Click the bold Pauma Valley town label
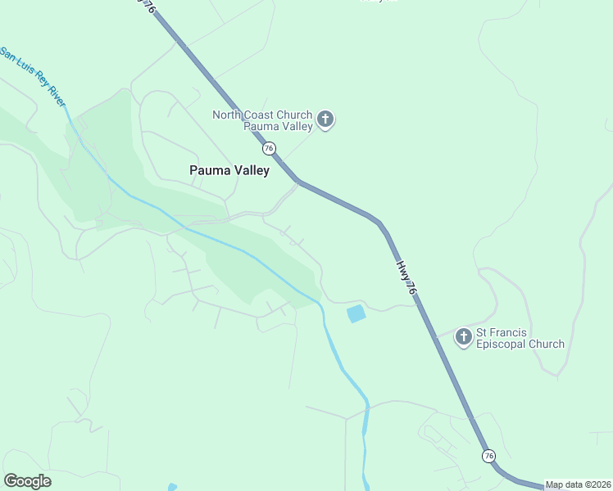pyautogui.click(x=229, y=171)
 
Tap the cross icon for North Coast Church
pyautogui.click(x=325, y=120)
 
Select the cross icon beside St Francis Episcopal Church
pyautogui.click(x=464, y=336)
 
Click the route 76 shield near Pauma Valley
pyautogui.click(x=269, y=149)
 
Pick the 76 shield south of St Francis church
pyautogui.click(x=488, y=456)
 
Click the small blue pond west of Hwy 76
pyautogui.click(x=356, y=313)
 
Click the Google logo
pyautogui.click(x=27, y=481)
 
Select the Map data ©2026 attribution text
pyautogui.click(x=578, y=484)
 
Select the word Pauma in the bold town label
pyautogui.click(x=208, y=171)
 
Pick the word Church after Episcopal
pyautogui.click(x=547, y=345)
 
